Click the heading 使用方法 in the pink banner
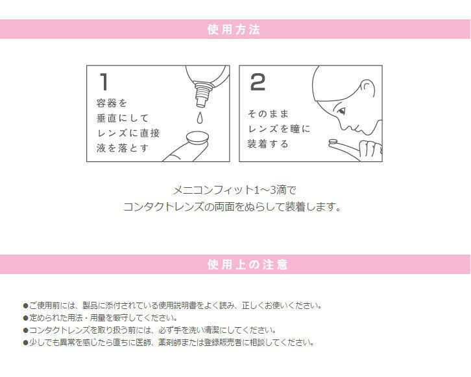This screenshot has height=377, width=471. (234, 29)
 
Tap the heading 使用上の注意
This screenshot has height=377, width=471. (248, 264)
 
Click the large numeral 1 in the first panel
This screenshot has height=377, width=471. (104, 82)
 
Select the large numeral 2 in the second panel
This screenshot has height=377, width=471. (258, 82)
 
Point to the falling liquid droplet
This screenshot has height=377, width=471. (199, 118)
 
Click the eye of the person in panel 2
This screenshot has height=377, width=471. (341, 112)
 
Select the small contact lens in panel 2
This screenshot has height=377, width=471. (333, 142)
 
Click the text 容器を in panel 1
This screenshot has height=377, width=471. (112, 103)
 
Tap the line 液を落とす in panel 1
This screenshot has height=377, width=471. (123, 148)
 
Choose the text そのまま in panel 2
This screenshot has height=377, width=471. (268, 113)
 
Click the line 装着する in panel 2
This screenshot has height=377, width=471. (268, 144)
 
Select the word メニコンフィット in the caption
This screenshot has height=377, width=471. (213, 190)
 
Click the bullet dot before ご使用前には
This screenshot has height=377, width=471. (26, 306)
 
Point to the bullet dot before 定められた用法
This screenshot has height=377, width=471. (26, 318)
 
